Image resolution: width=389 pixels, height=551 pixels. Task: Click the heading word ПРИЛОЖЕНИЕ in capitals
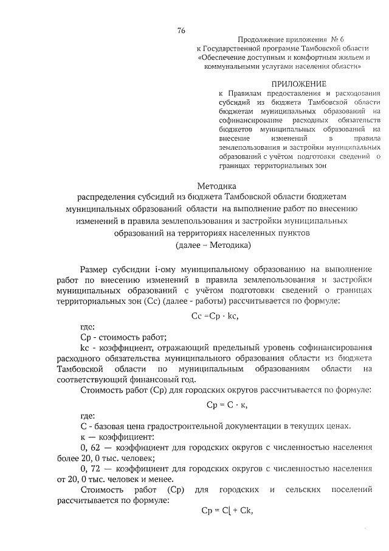(x=299, y=83)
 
